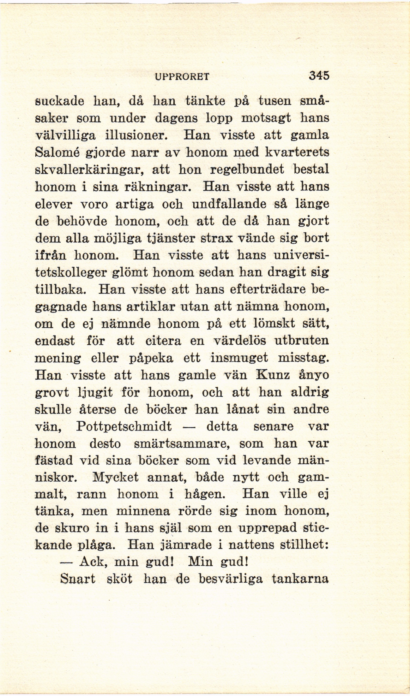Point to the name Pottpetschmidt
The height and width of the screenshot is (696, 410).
(124, 427)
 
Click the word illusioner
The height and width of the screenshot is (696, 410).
(136, 136)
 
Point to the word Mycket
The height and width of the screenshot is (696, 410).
(116, 478)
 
